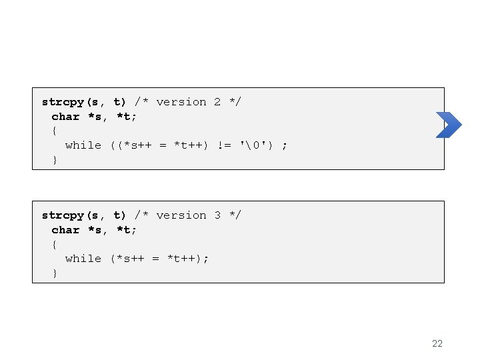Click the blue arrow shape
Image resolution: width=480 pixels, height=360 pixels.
[449, 125]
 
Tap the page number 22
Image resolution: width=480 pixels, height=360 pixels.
[437, 343]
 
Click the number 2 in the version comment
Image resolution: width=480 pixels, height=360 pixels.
[217, 102]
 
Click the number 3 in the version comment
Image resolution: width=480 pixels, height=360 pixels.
[217, 215]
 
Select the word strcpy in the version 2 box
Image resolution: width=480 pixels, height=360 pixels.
[62, 102]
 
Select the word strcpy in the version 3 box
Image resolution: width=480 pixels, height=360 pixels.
[62, 215]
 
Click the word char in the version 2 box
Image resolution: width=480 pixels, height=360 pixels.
[65, 117]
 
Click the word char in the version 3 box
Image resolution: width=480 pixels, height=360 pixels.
[65, 230]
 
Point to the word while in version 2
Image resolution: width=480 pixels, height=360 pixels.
[83, 145]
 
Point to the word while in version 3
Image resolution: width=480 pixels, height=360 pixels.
[83, 259]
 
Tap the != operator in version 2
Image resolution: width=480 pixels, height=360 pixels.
[225, 145]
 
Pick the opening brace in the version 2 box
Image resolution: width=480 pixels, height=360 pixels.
[55, 131]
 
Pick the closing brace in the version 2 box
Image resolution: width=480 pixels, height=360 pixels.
[55, 160]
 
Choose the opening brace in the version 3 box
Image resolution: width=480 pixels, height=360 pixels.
[55, 244]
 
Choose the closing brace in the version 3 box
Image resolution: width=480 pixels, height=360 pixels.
[55, 273]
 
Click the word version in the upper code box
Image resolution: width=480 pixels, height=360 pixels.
[181, 102]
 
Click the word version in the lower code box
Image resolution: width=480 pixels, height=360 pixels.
[181, 215]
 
